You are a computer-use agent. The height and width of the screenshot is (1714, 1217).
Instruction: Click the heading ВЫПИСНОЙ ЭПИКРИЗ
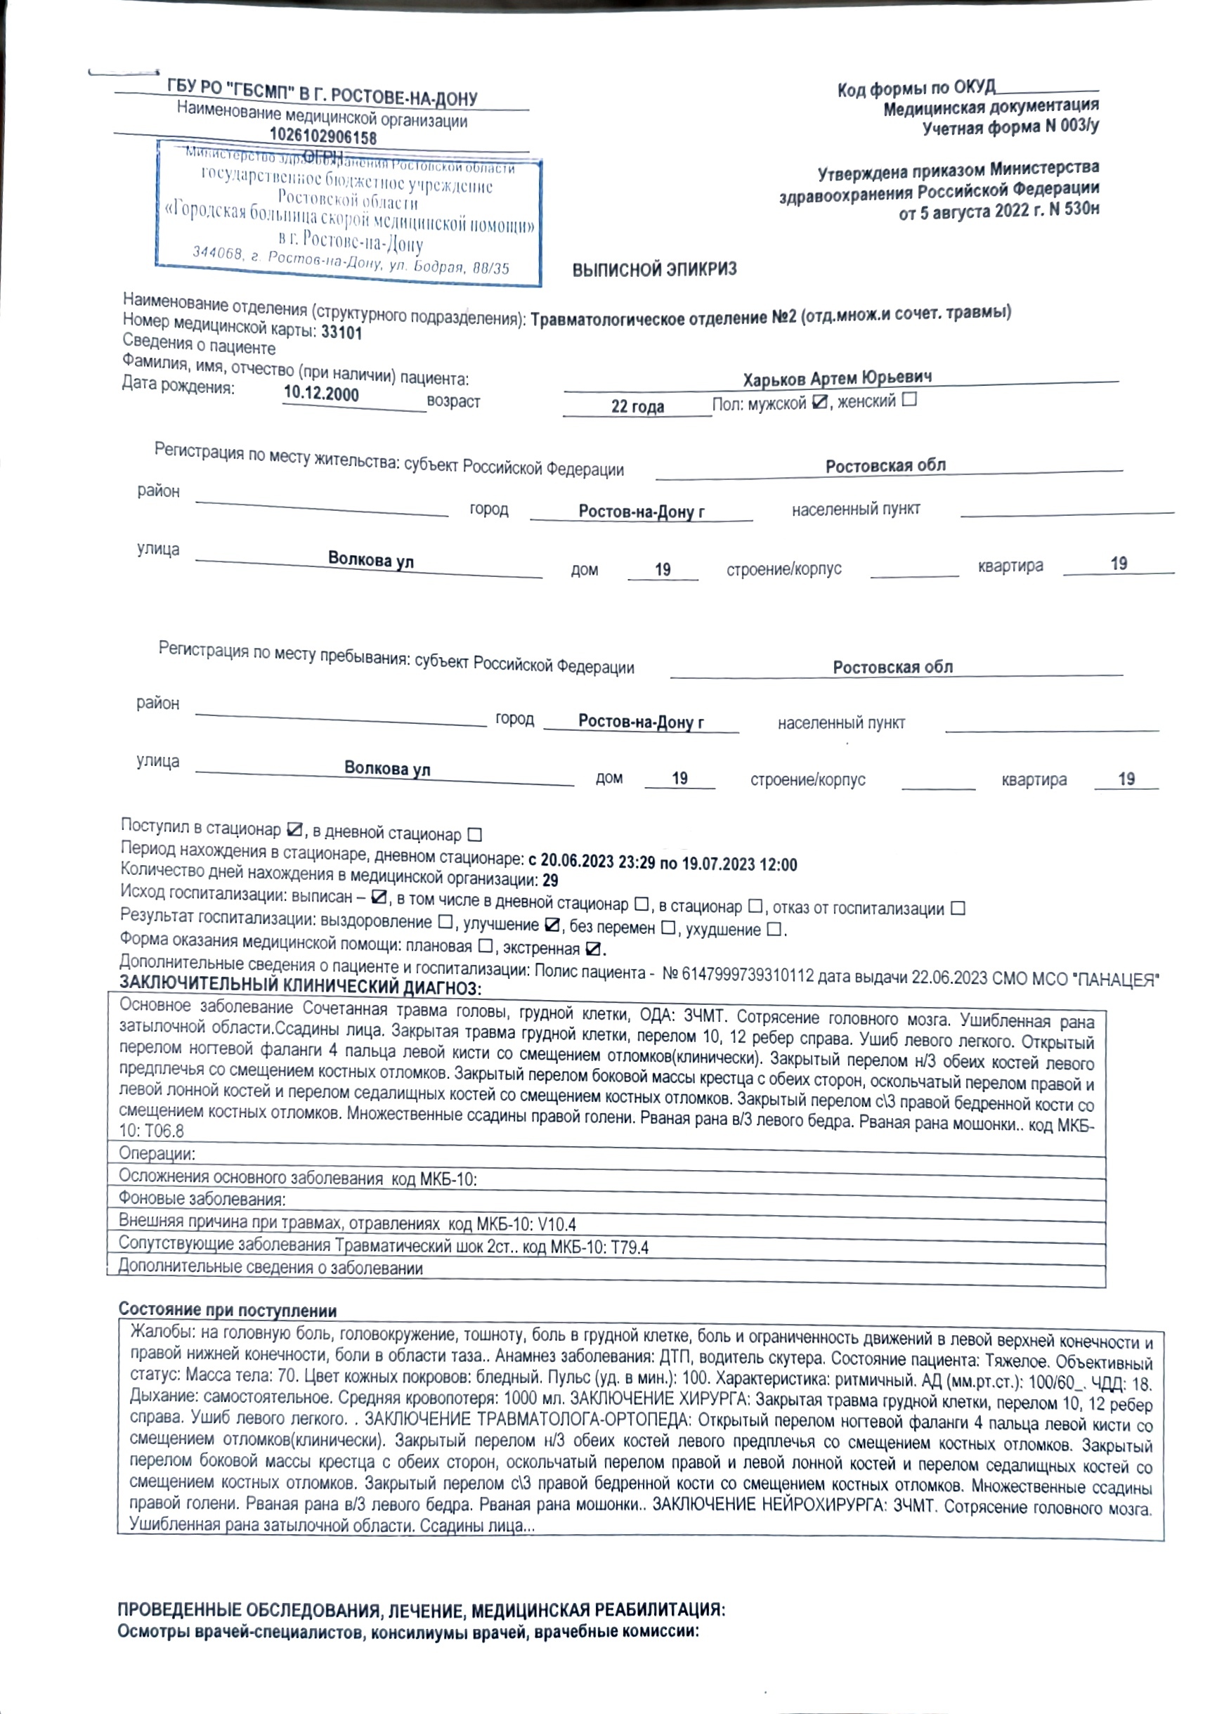pyautogui.click(x=654, y=270)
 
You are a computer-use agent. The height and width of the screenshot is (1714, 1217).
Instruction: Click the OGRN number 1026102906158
pyautogui.click(x=323, y=137)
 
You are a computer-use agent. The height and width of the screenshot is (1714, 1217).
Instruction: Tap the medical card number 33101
pyautogui.click(x=341, y=334)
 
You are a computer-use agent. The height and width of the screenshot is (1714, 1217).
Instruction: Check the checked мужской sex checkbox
pyautogui.click(x=820, y=403)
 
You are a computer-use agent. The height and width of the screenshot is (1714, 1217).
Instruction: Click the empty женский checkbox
pyautogui.click(x=909, y=399)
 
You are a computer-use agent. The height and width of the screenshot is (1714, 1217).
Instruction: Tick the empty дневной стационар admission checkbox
pyautogui.click(x=474, y=834)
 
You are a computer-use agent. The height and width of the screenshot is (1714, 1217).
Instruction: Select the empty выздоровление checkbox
pyautogui.click(x=445, y=922)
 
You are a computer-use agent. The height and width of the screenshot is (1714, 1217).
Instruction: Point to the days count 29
pyautogui.click(x=550, y=881)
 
